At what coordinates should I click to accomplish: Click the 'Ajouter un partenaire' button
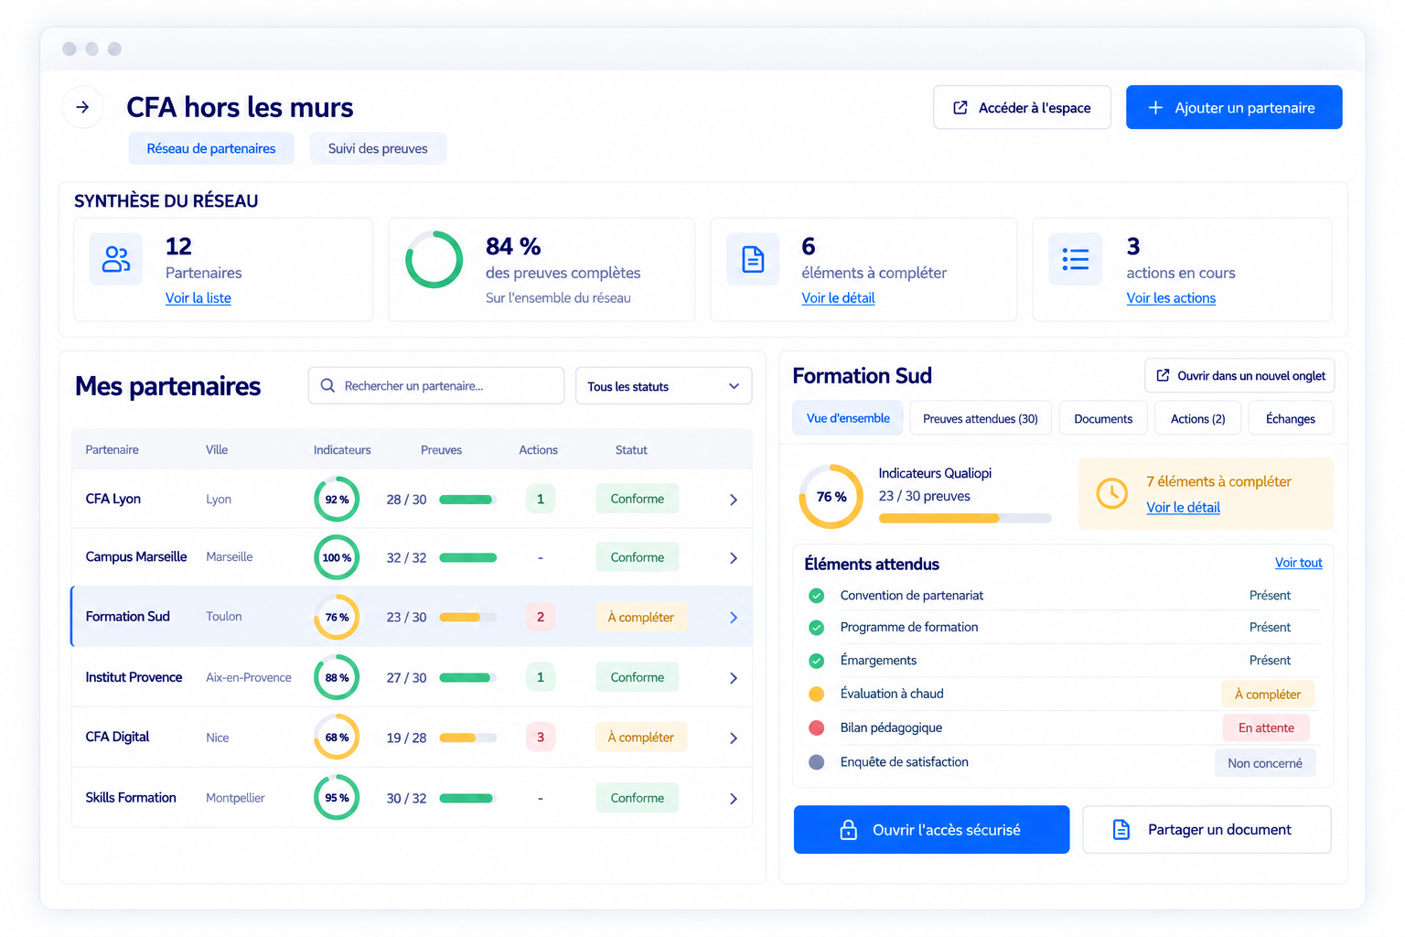pos(1233,107)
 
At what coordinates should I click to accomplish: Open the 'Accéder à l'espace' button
pos(1022,107)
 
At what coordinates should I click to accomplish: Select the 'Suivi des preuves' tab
pos(378,149)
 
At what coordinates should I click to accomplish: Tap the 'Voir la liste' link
pos(198,298)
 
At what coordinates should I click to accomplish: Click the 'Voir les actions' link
pos(1171,298)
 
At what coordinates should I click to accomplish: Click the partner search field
pos(436,386)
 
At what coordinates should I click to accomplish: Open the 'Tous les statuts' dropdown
pos(663,386)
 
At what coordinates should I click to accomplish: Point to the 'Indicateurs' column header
pos(342,450)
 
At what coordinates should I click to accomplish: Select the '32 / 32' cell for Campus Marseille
pos(406,557)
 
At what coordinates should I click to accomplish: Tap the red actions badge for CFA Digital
pos(540,738)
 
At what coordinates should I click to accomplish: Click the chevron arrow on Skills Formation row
pos(734,798)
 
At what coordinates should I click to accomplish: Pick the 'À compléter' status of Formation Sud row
pos(640,617)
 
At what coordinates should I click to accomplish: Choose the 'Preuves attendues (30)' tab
pos(980,418)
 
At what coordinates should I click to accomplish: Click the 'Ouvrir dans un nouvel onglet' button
pos(1239,376)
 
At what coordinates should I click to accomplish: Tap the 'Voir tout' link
pos(1298,563)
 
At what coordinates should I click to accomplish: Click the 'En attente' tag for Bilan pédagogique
pos(1266,728)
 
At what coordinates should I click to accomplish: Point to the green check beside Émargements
pos(816,661)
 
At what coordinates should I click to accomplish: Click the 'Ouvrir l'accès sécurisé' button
pos(931,830)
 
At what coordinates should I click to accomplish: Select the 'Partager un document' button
pos(1207,830)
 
